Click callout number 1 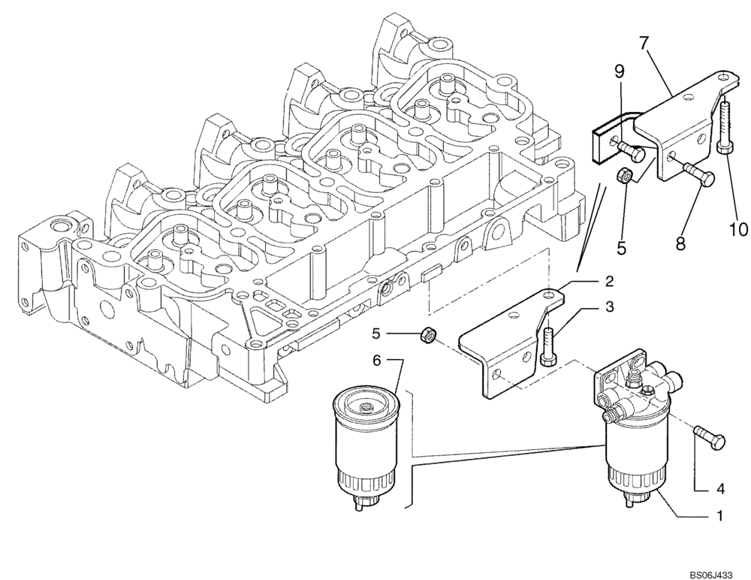(719, 517)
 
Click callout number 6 (378, 361)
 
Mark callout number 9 (619, 72)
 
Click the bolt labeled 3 (547, 344)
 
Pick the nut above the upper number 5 (623, 176)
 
